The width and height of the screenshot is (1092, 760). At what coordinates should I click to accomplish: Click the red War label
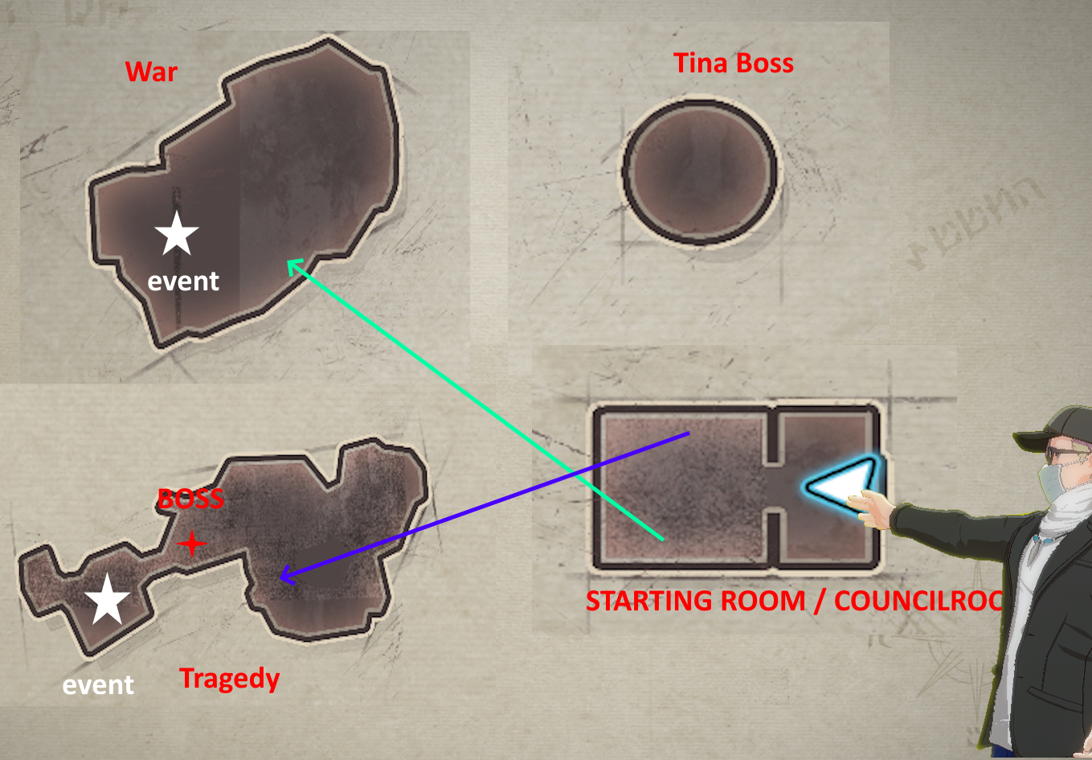pos(151,72)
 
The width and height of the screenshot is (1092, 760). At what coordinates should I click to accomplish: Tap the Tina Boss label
pos(733,64)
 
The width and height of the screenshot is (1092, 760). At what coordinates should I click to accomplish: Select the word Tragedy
pos(229,679)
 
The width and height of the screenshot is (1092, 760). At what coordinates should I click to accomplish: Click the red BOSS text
pos(190,499)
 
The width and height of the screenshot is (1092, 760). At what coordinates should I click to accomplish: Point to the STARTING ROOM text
pos(695,601)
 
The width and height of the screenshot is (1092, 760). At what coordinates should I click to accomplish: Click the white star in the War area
pos(177,234)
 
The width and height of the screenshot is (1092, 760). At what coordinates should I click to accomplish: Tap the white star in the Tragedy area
pos(107,600)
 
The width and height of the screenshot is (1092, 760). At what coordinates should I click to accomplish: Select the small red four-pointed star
pos(191,544)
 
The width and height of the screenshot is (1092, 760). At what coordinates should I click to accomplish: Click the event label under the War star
pos(183,281)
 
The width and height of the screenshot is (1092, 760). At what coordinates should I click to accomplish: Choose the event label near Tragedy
pos(98,685)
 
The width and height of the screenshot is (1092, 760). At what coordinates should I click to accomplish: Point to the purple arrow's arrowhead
pos(282,577)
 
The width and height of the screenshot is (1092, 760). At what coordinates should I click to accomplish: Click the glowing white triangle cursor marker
pos(839,485)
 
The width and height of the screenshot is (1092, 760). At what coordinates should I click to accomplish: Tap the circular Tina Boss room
pos(701,171)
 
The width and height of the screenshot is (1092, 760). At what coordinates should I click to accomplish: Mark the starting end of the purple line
pos(688,434)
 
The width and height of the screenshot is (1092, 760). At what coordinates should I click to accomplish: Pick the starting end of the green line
pos(662,539)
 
